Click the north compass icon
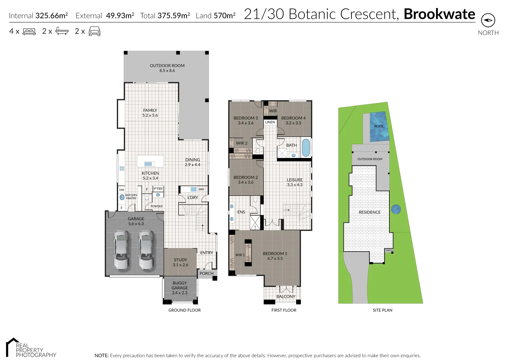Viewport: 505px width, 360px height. point(488,20)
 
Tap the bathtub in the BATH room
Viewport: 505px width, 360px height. point(305,148)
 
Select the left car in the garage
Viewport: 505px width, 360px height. point(121,250)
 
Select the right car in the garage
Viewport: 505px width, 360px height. point(146,250)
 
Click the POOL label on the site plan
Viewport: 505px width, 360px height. point(379,126)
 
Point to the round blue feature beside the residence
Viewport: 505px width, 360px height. point(396,209)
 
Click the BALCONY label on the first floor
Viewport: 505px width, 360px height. point(286,296)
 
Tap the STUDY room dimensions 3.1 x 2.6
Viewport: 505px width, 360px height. point(180,265)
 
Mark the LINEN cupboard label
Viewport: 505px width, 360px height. point(270,122)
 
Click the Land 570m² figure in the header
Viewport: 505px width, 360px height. point(216,16)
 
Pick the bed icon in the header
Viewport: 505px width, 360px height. point(29,31)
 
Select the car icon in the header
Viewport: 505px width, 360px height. point(94,31)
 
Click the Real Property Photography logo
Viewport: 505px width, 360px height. point(31,348)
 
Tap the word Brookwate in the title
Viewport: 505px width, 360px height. point(439,14)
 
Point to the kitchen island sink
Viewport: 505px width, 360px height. point(148,164)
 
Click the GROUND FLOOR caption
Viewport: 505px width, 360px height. point(184,310)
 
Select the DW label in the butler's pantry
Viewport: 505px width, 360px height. point(122,190)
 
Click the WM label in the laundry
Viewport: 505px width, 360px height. point(201,189)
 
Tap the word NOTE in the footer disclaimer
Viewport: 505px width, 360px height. point(101,356)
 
